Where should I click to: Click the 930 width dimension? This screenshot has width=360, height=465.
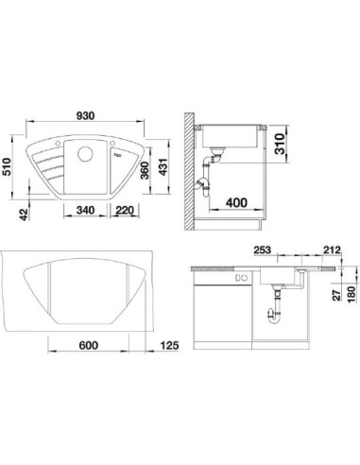(85, 116)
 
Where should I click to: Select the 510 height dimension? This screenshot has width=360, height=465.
(7, 167)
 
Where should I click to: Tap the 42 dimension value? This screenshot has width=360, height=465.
(24, 215)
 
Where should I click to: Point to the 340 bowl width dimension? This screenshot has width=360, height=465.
(85, 210)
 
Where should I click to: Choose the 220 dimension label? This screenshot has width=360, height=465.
(125, 210)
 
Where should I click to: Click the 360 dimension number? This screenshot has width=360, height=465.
(145, 170)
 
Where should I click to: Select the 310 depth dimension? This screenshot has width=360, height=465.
(280, 144)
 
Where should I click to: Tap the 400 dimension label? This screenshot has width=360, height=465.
(236, 202)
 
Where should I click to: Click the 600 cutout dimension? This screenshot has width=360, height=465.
(88, 345)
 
